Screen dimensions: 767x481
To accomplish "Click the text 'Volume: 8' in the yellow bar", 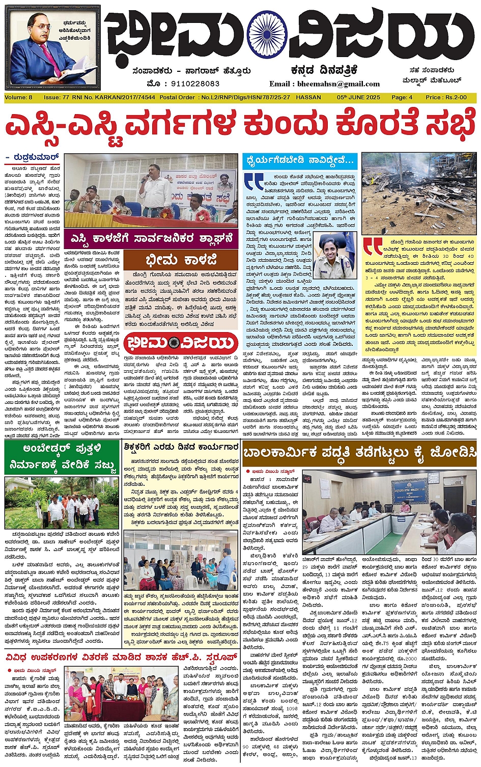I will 18,97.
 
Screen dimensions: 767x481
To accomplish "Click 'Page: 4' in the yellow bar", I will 402,97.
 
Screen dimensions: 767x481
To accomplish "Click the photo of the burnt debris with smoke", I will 418,194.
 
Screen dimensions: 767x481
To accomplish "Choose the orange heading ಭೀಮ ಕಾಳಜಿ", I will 180,259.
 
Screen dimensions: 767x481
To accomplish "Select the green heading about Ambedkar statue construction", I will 61,458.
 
